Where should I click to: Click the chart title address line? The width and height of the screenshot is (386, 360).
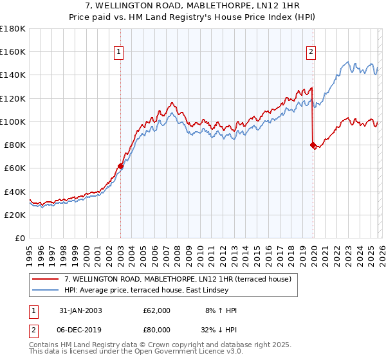[x=193, y=6]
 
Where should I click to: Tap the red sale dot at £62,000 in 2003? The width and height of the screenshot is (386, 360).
[x=120, y=166]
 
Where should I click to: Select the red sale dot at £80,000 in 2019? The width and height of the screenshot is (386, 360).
[x=313, y=145]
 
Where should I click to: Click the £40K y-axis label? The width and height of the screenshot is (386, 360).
[x=15, y=192]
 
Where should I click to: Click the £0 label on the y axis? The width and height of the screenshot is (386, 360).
[x=19, y=239]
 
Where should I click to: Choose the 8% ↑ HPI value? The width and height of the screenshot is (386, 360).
[x=221, y=310]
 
